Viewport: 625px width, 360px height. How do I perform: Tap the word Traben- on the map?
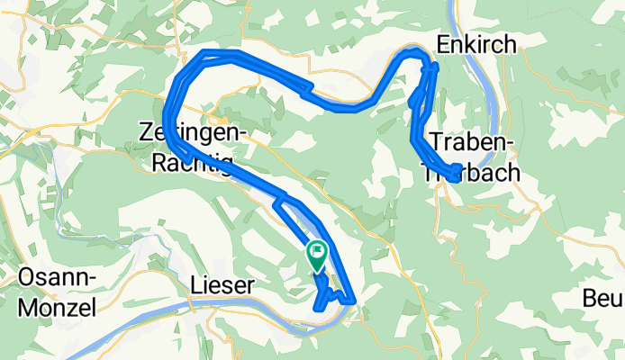pyautogui.click(x=472, y=141)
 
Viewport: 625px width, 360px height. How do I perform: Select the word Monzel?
pyautogui.click(x=57, y=307)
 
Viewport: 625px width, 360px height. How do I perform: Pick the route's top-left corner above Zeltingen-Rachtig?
pyautogui.click(x=206, y=53)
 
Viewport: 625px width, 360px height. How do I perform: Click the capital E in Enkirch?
pyautogui.click(x=444, y=43)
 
